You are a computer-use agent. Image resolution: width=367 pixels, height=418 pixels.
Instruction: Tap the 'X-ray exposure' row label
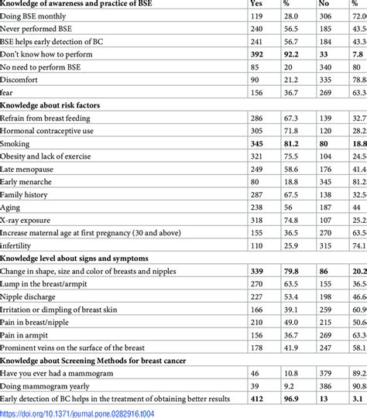(30, 218)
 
